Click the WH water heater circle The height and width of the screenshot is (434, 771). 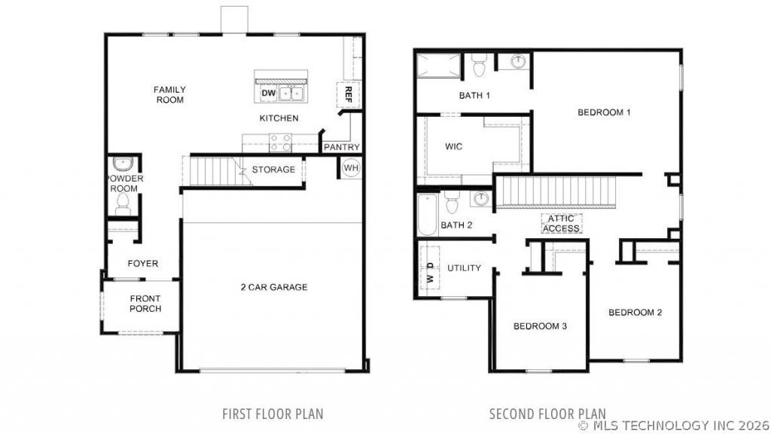point(351,168)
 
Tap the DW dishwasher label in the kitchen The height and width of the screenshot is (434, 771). point(269,93)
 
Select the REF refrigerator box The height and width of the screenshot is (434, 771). point(348,94)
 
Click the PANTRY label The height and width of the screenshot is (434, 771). point(342,147)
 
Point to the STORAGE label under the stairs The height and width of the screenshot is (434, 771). point(273,170)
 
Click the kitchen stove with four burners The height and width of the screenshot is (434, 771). point(280,142)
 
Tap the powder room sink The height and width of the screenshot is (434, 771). point(121,164)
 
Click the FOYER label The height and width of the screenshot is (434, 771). point(143,264)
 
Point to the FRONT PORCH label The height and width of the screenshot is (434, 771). point(145,304)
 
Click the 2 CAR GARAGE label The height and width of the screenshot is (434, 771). point(274,287)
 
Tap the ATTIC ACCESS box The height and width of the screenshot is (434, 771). point(562,223)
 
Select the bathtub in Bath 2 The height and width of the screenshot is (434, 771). point(428,215)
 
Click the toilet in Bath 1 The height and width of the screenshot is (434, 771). point(478,65)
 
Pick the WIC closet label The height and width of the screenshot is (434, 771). point(453,147)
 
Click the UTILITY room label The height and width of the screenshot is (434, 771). point(464,268)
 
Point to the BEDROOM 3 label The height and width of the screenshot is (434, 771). point(540,326)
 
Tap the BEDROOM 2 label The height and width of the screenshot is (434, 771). point(635,313)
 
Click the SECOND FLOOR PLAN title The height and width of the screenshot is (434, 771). point(547,414)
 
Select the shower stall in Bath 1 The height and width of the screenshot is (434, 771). point(439,66)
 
